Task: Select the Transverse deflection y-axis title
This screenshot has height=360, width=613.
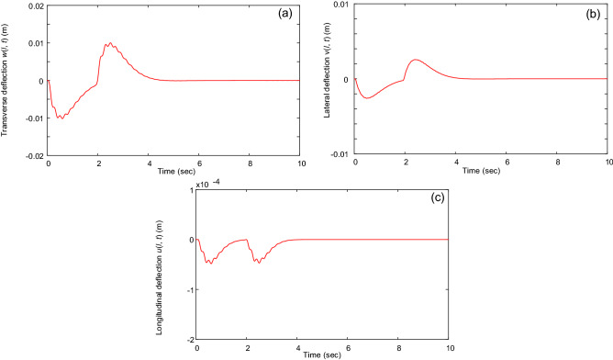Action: coord(6,81)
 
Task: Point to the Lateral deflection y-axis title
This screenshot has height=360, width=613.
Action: coord(315,81)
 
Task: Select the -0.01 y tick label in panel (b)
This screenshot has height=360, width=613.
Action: coord(337,153)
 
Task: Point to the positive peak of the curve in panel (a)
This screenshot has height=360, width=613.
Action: coord(109,43)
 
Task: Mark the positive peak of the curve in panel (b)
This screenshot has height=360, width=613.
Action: coord(416,60)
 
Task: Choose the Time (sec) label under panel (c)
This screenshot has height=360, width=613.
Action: coord(323,354)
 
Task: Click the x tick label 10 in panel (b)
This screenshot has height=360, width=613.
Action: coord(607,162)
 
